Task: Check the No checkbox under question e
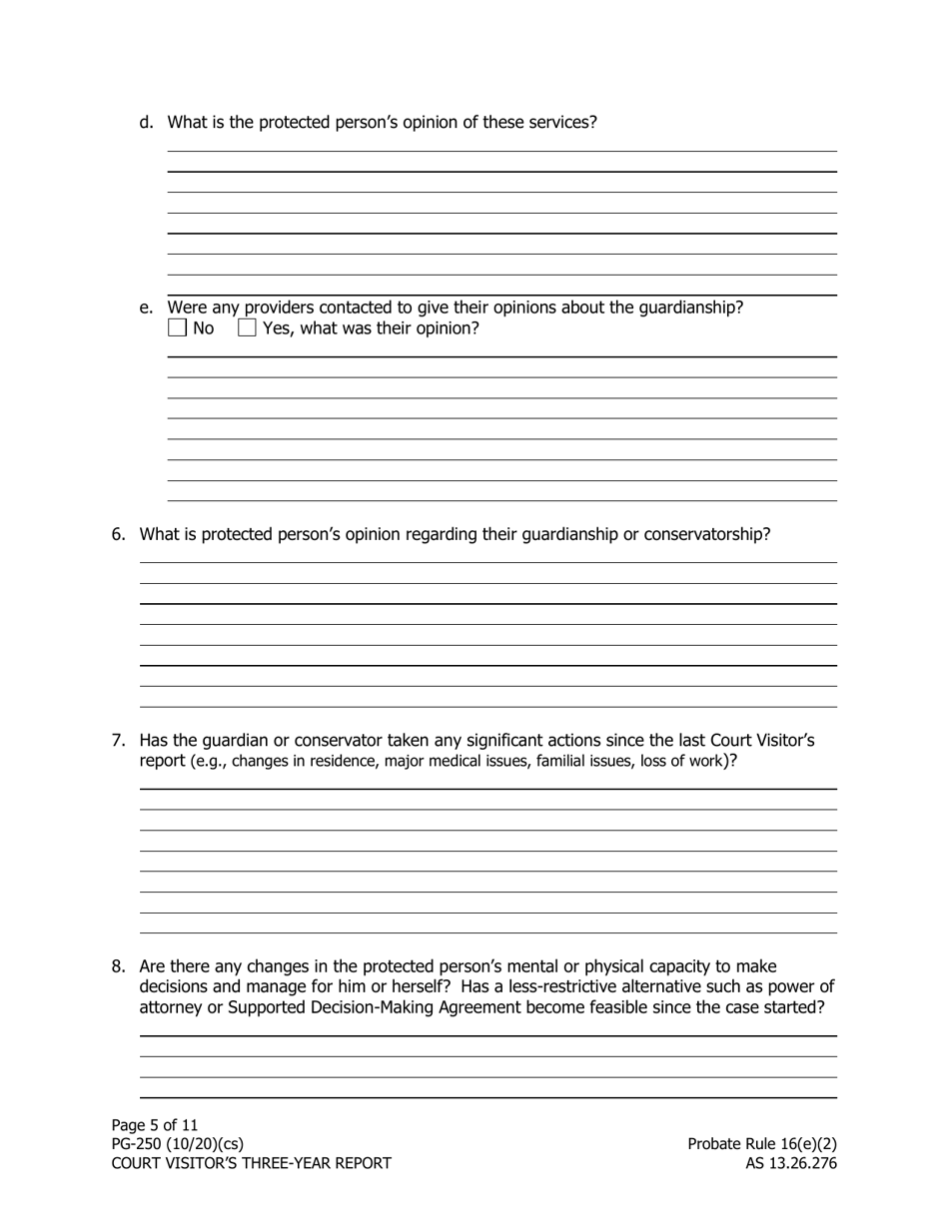[x=177, y=327]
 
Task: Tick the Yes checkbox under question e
[x=247, y=327]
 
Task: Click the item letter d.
[x=147, y=122]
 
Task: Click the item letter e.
[x=147, y=307]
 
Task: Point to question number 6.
[x=118, y=534]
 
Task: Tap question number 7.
[x=118, y=740]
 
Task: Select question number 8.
[x=118, y=966]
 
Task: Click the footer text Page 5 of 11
[x=155, y=1125]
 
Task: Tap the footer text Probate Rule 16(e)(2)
[x=761, y=1144]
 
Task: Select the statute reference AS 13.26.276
[x=790, y=1163]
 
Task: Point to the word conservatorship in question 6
[x=706, y=534]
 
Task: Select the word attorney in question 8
[x=171, y=1007]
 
